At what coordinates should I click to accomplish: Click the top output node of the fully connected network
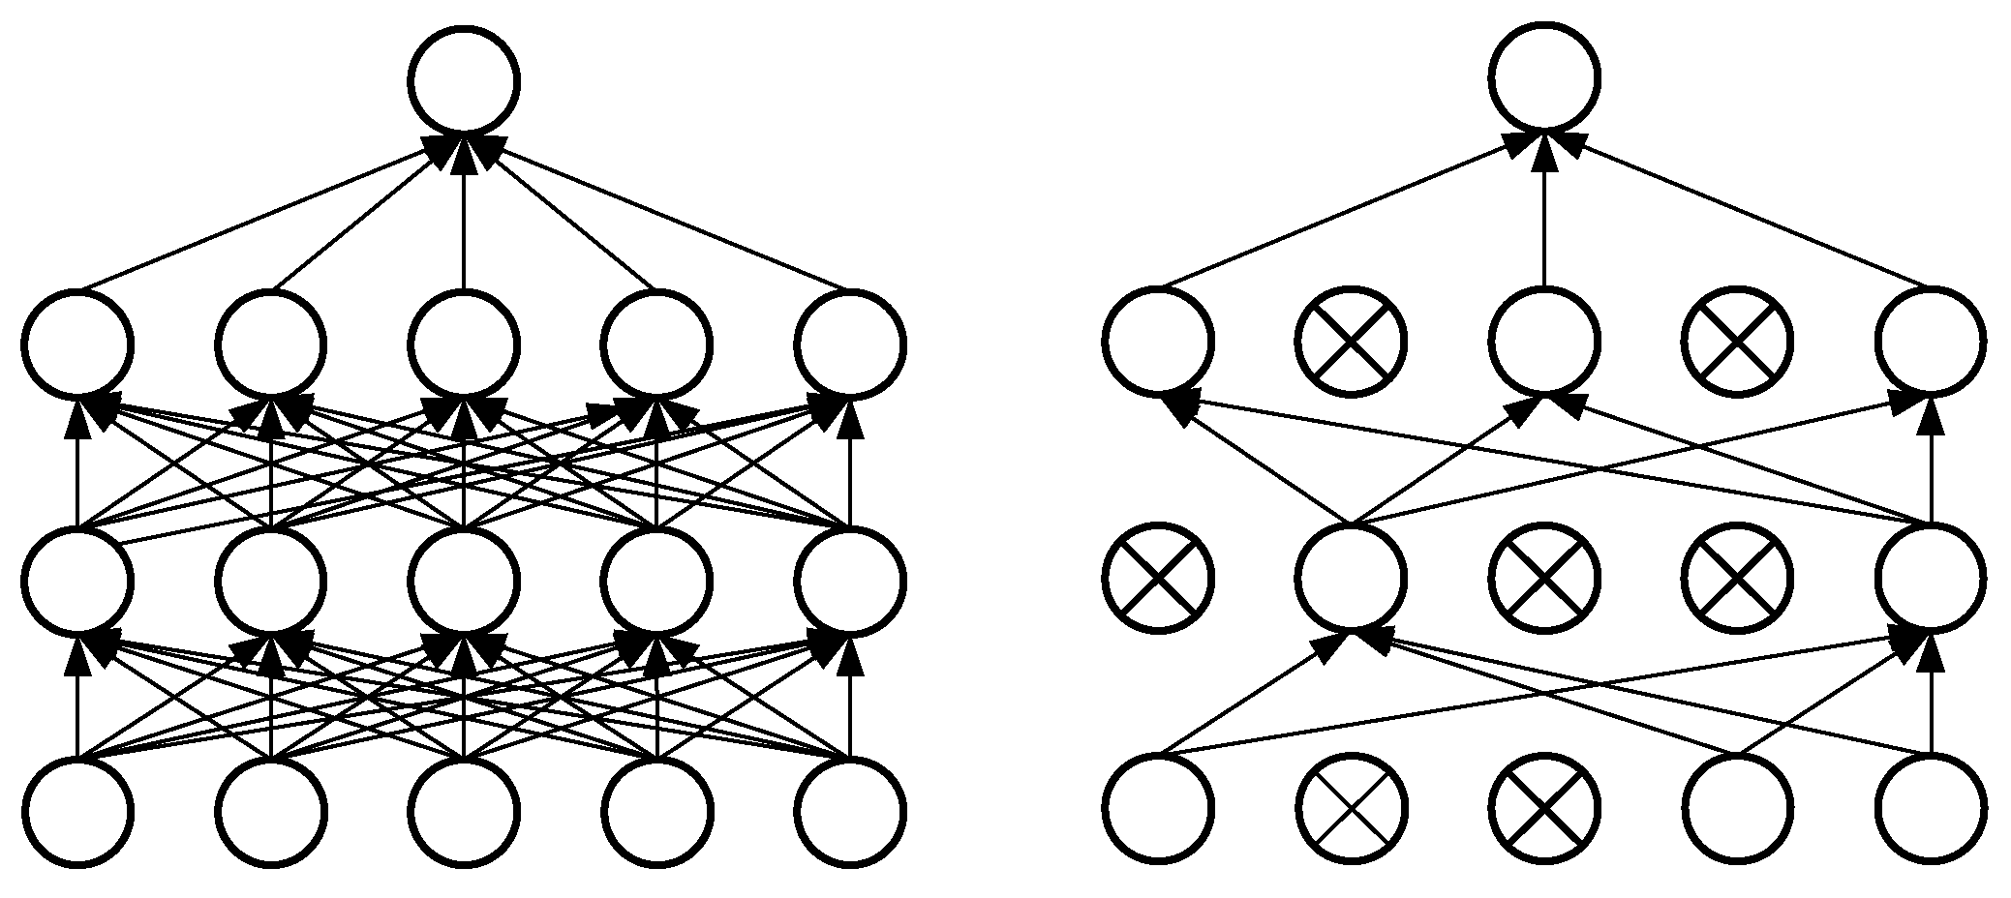tap(464, 79)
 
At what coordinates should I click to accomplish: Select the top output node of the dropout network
tap(1544, 77)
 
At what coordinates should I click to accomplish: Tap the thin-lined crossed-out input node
tap(1352, 808)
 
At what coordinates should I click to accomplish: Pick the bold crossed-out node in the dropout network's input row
tap(1544, 808)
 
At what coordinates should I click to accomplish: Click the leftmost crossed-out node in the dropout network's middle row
tap(1159, 578)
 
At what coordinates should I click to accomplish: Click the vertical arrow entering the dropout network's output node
tap(1544, 213)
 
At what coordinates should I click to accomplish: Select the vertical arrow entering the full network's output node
tap(464, 213)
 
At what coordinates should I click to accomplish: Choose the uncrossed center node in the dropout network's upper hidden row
tap(1544, 342)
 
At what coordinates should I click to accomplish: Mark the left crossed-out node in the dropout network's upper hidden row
tap(1352, 342)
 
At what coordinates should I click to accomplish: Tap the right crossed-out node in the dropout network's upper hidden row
tap(1737, 342)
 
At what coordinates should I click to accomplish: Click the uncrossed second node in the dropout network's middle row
tap(1352, 578)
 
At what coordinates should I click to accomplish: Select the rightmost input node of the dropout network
tap(1931, 808)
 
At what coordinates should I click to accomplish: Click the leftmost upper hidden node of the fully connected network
tap(78, 344)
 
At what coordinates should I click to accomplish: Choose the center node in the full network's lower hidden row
tap(464, 581)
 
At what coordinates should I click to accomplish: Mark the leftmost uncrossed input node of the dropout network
tap(1159, 808)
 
